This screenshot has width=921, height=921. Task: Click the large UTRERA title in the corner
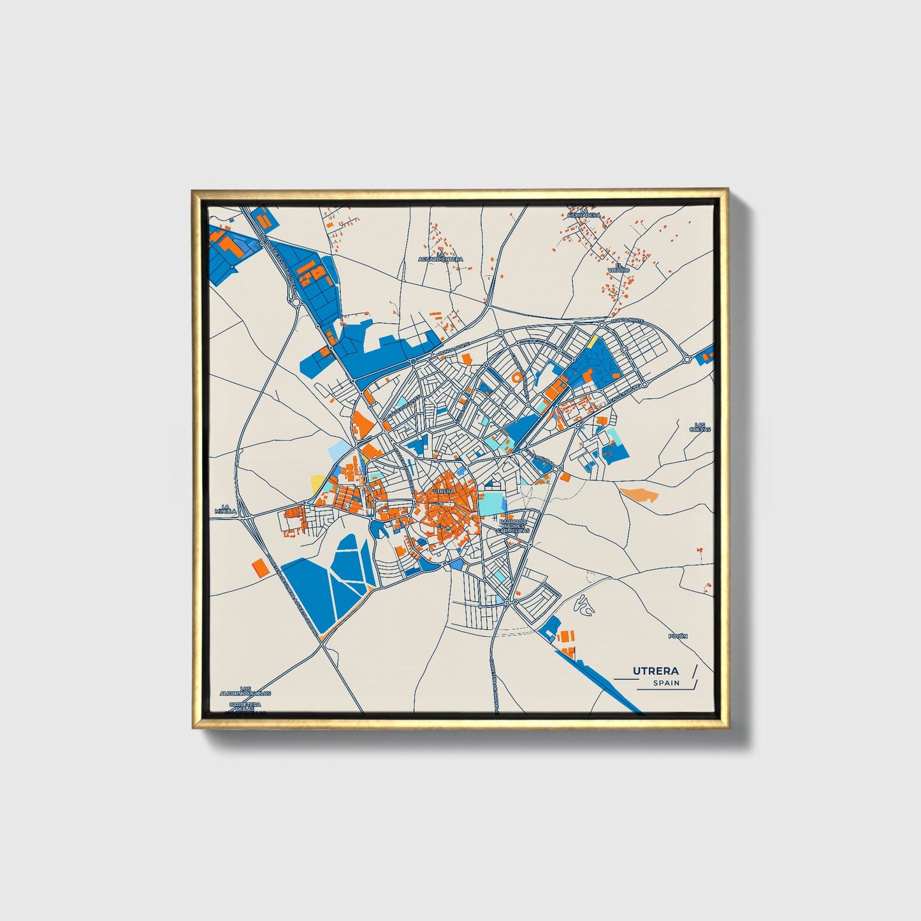coord(655,671)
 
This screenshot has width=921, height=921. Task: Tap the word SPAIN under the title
coord(665,683)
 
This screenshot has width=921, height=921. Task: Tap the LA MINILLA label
coord(225,508)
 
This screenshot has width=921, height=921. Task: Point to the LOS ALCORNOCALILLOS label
coord(245,691)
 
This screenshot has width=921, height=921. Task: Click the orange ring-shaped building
coord(516,378)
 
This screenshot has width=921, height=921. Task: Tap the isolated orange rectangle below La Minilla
coord(259,567)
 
